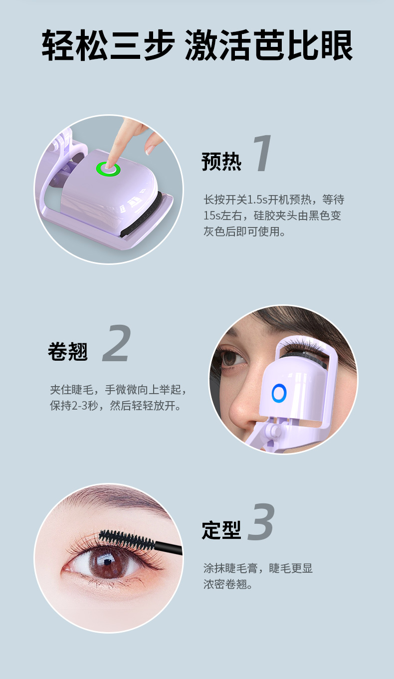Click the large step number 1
tap(262, 153)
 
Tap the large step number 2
tap(117, 343)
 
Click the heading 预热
tap(221, 162)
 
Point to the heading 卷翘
tap(68, 351)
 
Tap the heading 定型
tap(221, 530)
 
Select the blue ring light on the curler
tap(279, 393)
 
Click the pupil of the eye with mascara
tap(108, 562)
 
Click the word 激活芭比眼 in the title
tap(269, 45)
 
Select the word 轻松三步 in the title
tap(108, 45)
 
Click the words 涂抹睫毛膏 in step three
tap(230, 568)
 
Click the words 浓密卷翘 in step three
tap(225, 584)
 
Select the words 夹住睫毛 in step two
tap(71, 390)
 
